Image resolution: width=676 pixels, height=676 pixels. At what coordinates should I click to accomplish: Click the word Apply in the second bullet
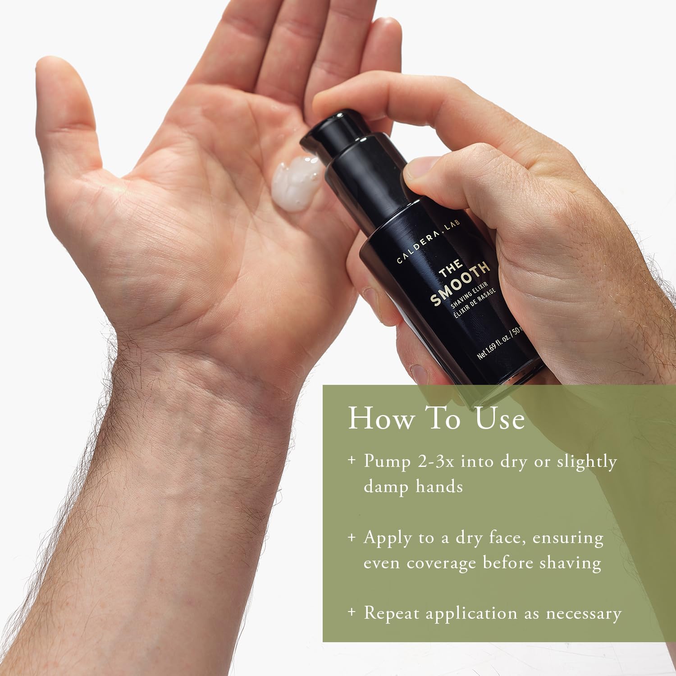388,538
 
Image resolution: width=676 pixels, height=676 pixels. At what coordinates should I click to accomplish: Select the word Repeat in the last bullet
391,613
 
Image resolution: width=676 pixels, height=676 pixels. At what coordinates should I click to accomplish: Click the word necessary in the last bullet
584,614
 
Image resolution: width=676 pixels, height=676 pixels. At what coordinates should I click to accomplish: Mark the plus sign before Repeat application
352,612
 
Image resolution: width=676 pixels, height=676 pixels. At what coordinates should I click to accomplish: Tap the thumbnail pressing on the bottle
417,169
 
